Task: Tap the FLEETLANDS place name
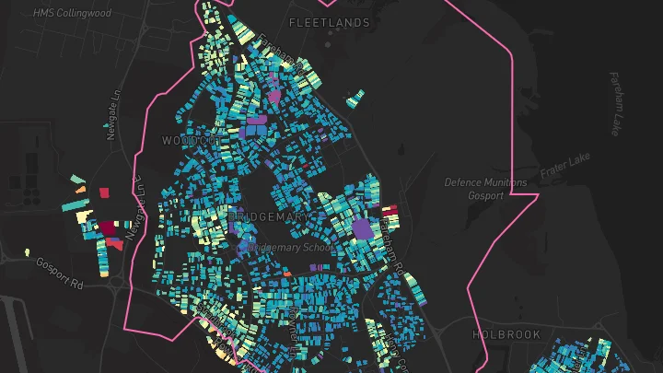pyautogui.click(x=329, y=22)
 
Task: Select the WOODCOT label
pyautogui.click(x=192, y=140)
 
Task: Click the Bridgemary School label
pyautogui.click(x=286, y=248)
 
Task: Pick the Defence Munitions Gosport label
pyautogui.click(x=486, y=188)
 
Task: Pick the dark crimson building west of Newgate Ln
pyautogui.click(x=110, y=227)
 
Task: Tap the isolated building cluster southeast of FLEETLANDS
pyautogui.click(x=355, y=98)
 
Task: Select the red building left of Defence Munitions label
pyautogui.click(x=389, y=211)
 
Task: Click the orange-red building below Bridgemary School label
pyautogui.click(x=286, y=273)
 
